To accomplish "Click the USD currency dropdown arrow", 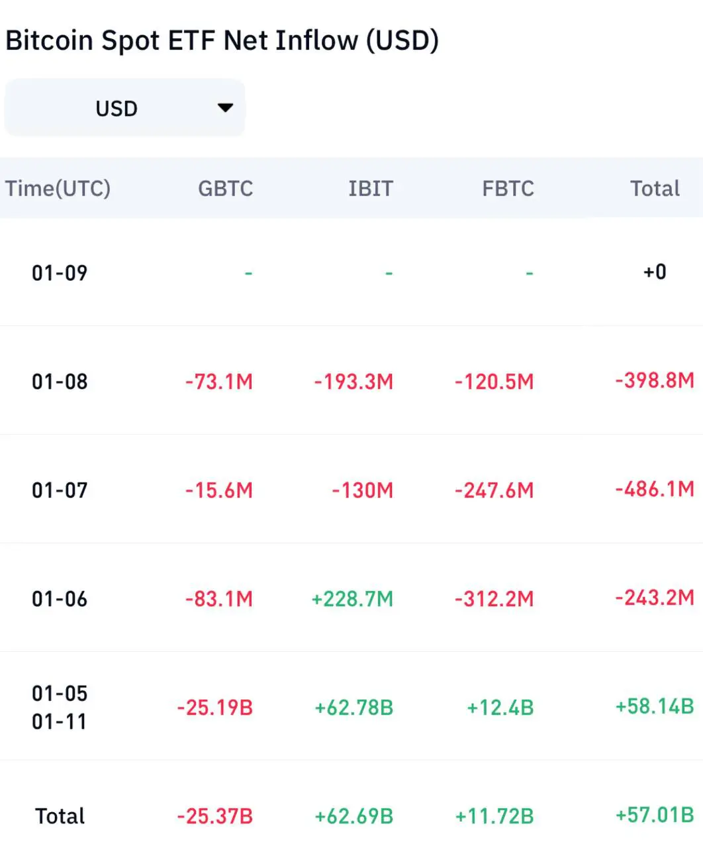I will click(x=226, y=107).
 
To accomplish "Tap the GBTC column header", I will click(x=225, y=189).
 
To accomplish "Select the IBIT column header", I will click(x=370, y=189).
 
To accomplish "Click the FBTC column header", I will click(x=508, y=189).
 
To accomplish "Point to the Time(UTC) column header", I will click(x=58, y=189).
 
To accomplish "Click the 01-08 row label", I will click(x=60, y=382).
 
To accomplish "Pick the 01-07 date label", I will click(x=60, y=490).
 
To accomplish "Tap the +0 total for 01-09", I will click(x=655, y=272).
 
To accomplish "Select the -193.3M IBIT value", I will click(x=353, y=382).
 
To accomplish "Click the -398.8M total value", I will click(x=655, y=380).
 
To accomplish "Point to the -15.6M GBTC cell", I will click(x=219, y=490).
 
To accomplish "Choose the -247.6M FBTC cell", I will click(x=494, y=490).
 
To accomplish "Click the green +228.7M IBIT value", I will click(x=352, y=599).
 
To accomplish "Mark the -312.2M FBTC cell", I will click(x=494, y=599).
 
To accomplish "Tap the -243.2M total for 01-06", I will click(x=655, y=598).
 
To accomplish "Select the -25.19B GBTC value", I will click(x=215, y=708).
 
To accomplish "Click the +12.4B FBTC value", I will click(x=500, y=708).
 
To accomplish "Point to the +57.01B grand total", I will click(x=655, y=814).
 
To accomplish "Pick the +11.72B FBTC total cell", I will click(x=494, y=816).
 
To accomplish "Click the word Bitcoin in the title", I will click(x=49, y=40).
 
